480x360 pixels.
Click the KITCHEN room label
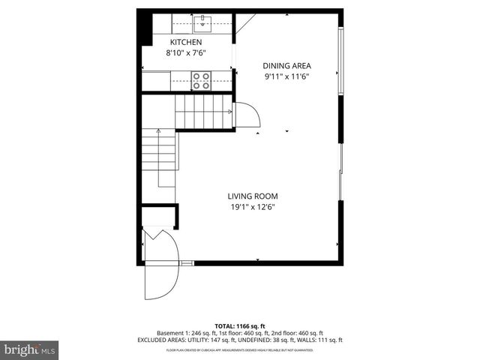[x=187, y=42]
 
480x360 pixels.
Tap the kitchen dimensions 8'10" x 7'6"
[x=187, y=53]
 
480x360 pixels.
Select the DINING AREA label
[x=286, y=65]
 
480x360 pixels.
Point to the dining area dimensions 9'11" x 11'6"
[x=286, y=76]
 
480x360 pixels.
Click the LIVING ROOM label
[x=247, y=196]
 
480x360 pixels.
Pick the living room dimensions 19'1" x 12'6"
[x=247, y=208]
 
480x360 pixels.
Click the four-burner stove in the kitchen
[x=200, y=79]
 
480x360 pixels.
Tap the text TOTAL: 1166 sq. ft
[x=240, y=325]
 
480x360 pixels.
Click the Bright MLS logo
[x=30, y=349]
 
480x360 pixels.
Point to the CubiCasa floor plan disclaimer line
[x=240, y=350]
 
